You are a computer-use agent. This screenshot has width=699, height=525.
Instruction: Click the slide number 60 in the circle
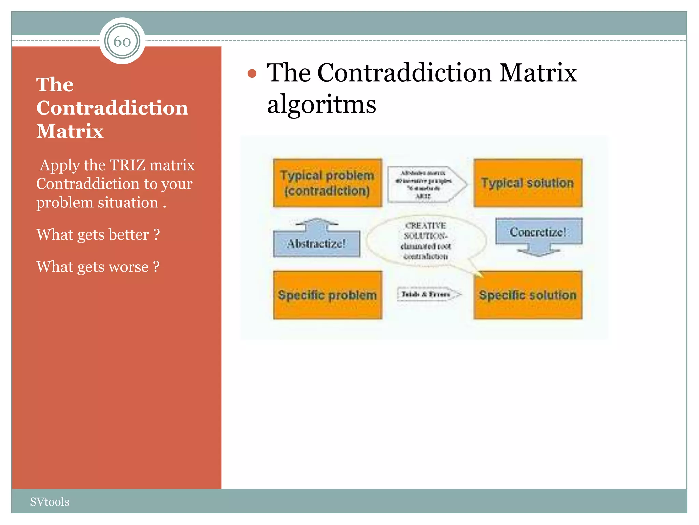(122, 41)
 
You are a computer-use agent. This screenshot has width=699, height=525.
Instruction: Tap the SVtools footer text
(49, 502)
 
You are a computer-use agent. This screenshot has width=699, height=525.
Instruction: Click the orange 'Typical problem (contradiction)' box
(327, 183)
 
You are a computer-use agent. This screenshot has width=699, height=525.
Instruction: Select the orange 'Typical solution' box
(528, 183)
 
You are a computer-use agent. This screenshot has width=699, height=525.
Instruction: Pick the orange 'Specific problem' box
(327, 295)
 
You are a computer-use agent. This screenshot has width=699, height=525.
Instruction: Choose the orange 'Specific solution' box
(528, 295)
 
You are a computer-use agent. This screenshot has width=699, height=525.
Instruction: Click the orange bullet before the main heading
(252, 73)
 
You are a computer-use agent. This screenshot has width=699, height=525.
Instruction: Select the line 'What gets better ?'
(98, 234)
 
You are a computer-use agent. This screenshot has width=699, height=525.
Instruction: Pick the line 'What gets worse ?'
(98, 267)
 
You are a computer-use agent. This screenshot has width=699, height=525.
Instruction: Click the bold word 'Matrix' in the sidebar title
(70, 131)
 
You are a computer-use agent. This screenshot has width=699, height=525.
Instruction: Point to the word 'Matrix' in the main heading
(538, 73)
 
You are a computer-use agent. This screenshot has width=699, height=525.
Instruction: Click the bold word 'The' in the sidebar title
(55, 84)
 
